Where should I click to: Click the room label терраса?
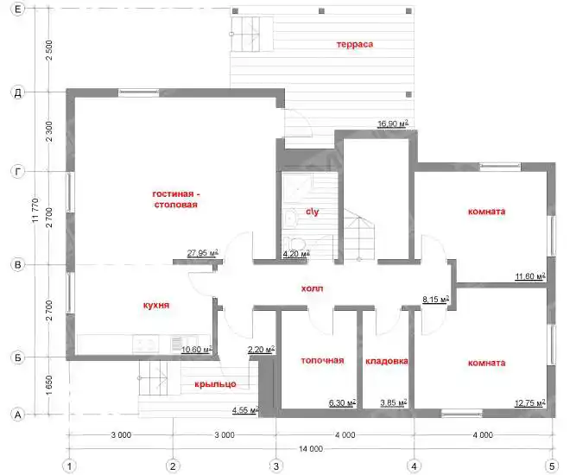(x=354, y=44)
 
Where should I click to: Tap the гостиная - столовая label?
(x=176, y=199)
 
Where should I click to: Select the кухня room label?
(x=156, y=305)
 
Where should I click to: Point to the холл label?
(x=313, y=288)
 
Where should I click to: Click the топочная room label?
(x=322, y=361)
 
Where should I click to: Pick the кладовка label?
(x=387, y=362)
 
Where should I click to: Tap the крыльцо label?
(x=215, y=384)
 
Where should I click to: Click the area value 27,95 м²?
(x=203, y=253)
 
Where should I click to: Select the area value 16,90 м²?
(x=393, y=123)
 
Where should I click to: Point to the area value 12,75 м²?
(x=529, y=403)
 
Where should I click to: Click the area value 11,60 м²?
(x=529, y=276)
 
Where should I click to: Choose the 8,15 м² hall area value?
(x=436, y=300)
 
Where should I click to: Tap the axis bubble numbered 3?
(x=275, y=466)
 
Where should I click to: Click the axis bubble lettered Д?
(x=17, y=92)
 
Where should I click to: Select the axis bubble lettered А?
(x=17, y=415)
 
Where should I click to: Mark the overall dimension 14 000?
(x=310, y=448)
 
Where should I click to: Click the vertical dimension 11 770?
(x=35, y=211)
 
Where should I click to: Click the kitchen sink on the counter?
(x=146, y=344)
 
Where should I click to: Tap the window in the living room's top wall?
(x=138, y=92)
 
